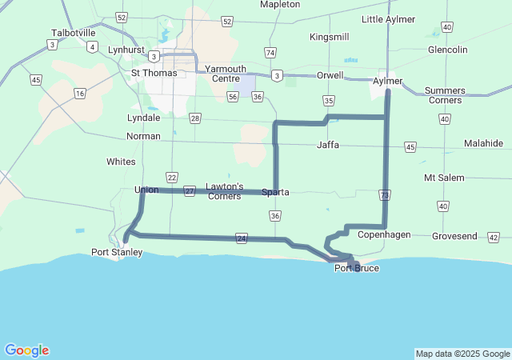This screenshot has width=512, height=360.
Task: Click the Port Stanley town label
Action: click(117, 252)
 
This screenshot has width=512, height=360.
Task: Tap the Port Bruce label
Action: click(357, 268)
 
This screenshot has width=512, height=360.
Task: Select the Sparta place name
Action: click(275, 192)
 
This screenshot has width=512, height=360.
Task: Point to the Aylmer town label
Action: click(388, 81)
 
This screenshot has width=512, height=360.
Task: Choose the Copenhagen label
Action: click(384, 234)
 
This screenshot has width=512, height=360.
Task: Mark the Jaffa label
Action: click(328, 145)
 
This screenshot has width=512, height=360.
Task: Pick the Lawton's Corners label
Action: click(224, 191)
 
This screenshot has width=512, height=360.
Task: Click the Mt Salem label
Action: click(444, 177)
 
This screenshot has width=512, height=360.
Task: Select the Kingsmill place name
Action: click(329, 37)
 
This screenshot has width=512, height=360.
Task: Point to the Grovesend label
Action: click(454, 237)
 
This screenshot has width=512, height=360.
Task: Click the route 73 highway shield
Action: click(386, 195)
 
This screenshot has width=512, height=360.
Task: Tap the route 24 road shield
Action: click(241, 238)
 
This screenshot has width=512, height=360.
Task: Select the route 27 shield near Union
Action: click(189, 191)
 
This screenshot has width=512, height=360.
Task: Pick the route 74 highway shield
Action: click(270, 53)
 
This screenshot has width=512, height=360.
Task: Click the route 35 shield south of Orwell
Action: click(329, 100)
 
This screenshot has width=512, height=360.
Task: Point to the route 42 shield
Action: click(493, 238)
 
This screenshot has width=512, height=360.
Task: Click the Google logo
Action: click(26, 350)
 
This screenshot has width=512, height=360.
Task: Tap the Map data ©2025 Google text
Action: click(462, 354)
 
